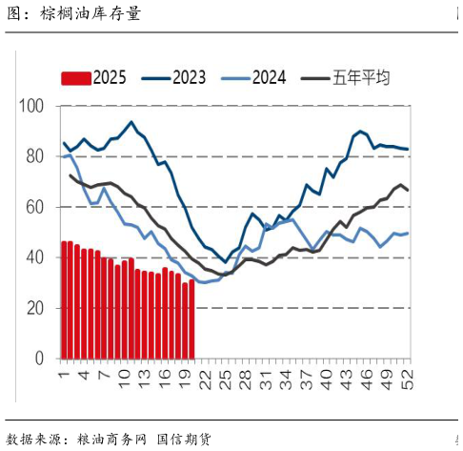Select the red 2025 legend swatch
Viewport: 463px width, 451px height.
tap(76, 78)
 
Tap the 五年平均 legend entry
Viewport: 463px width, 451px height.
tap(360, 78)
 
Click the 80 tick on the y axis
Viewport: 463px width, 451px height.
tap(35, 156)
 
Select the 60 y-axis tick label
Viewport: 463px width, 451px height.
tap(35, 207)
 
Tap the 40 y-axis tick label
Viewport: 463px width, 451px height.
tap(35, 257)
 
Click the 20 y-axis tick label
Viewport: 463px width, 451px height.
tap(35, 308)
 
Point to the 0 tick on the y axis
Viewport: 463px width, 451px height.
tap(39, 359)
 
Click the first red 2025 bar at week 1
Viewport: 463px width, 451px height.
tap(64, 300)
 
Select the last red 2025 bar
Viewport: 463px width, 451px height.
tap(192, 319)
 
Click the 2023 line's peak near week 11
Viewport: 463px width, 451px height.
tap(131, 122)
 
